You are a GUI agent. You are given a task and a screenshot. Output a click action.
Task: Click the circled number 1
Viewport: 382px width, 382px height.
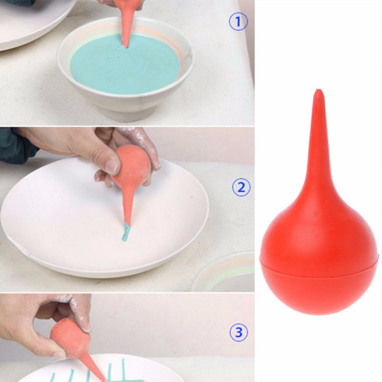coord(238,22)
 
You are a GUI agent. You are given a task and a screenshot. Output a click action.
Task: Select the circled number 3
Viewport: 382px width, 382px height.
coord(238,333)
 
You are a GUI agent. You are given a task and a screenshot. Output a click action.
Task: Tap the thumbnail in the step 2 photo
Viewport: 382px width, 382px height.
coord(112,167)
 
